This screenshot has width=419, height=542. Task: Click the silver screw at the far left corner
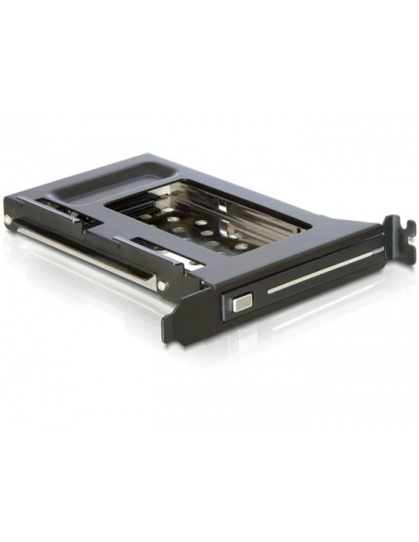(x=9, y=220)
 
